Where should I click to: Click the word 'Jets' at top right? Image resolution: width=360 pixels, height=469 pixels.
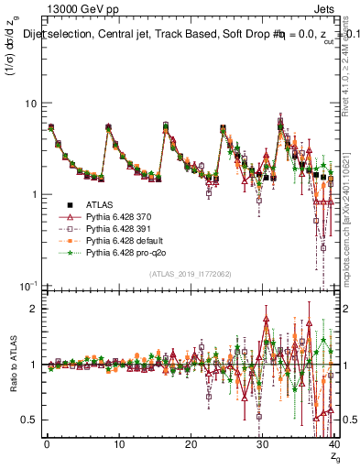coord(326,8)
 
